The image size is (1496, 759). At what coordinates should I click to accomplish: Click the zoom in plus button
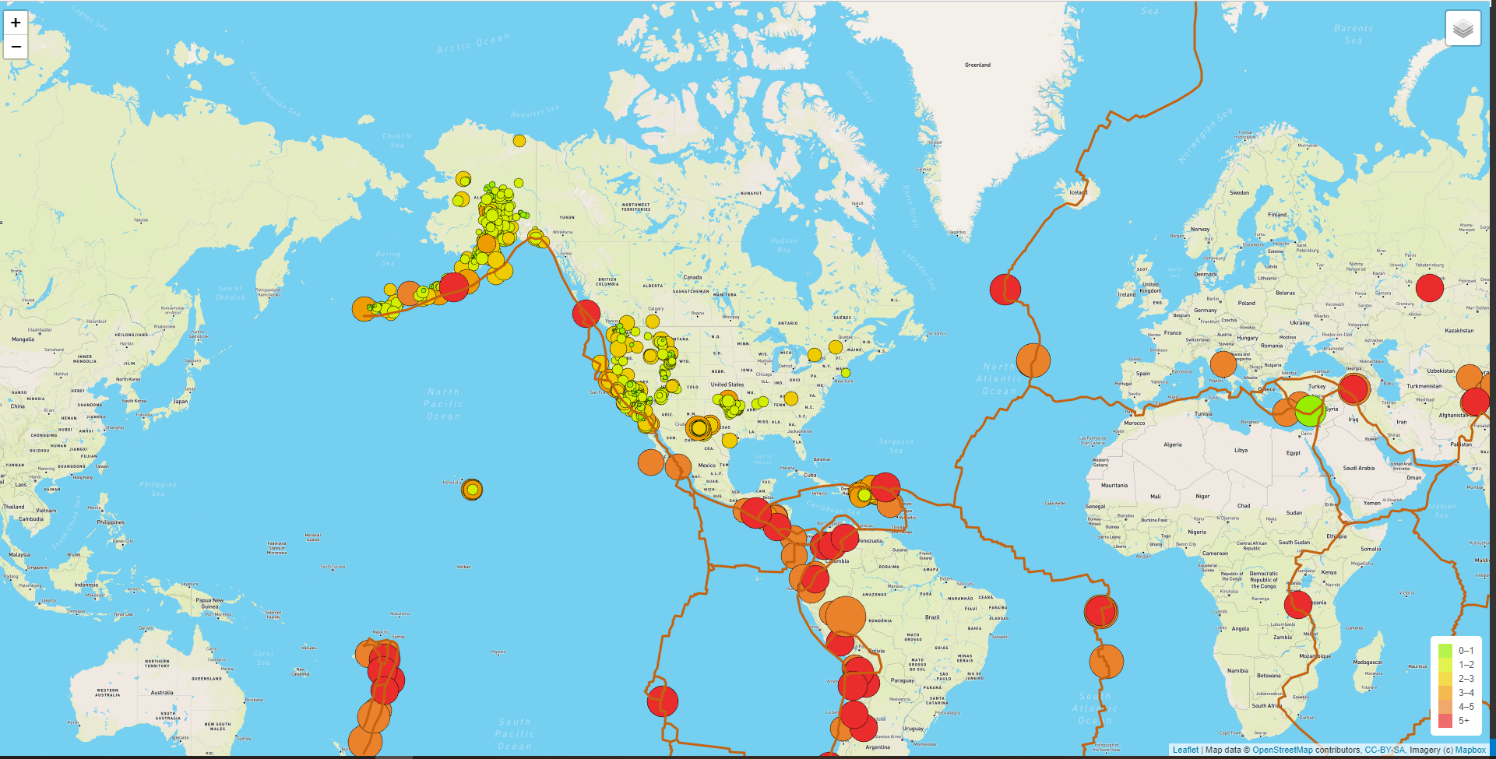pos(16,23)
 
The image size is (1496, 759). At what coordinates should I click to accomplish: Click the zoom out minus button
pos(16,47)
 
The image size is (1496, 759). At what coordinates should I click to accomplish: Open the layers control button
pos(1463,29)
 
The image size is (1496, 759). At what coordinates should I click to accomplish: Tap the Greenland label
pos(977,65)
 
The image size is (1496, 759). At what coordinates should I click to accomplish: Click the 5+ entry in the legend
pos(1463,721)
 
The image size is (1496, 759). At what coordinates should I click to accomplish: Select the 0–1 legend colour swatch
pos(1445,651)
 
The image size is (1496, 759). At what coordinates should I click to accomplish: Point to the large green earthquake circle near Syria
pos(1310,411)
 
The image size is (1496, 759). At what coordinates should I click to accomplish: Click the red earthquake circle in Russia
pos(1429,287)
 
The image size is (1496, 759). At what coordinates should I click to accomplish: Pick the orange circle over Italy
pos(1223,364)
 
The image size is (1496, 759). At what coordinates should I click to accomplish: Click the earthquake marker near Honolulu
pos(472,490)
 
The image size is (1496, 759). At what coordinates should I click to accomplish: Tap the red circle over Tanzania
pos(1298,604)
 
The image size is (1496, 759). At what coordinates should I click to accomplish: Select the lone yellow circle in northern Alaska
pos(519,141)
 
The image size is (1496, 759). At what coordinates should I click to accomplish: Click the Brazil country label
pos(931,617)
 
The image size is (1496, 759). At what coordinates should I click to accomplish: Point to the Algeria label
pos(1172,445)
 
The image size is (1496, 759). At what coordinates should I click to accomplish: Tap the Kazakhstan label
pos(1459,331)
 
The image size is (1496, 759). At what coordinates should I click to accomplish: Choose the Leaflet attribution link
pos(1185,750)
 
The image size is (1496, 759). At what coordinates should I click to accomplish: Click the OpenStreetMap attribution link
pos(1282,750)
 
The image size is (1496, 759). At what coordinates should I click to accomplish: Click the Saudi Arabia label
pos(1358,469)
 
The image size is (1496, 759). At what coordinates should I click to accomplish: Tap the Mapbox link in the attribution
pos(1470,750)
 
